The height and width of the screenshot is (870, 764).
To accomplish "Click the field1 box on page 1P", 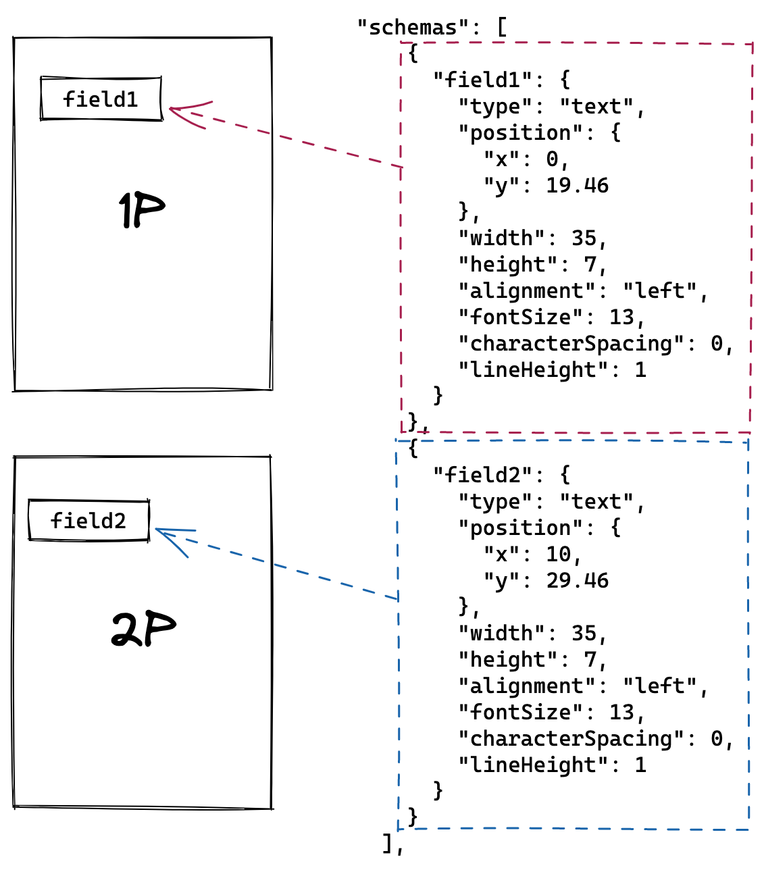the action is [x=101, y=99].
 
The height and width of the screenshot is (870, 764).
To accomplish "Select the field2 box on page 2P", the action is [x=89, y=520].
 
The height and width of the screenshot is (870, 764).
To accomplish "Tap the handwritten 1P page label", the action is [x=141, y=209].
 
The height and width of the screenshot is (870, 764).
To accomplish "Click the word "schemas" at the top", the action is [x=413, y=28].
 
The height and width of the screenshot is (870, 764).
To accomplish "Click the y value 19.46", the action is [x=577, y=185].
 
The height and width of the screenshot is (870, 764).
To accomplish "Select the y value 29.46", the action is [x=577, y=580].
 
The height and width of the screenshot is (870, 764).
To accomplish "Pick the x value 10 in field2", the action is [x=558, y=554].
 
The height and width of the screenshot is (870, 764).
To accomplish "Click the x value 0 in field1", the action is [x=552, y=159].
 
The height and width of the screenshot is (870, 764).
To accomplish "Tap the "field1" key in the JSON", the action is [x=483, y=80].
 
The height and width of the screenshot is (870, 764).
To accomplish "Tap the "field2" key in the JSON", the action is [x=483, y=475].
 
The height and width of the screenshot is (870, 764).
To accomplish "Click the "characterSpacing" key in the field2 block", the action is [x=571, y=738].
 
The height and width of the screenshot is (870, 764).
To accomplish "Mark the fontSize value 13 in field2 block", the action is [x=621, y=712].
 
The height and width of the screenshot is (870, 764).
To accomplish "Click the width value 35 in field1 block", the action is [x=584, y=238].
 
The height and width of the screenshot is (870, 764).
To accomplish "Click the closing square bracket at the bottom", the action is [x=387, y=844].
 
